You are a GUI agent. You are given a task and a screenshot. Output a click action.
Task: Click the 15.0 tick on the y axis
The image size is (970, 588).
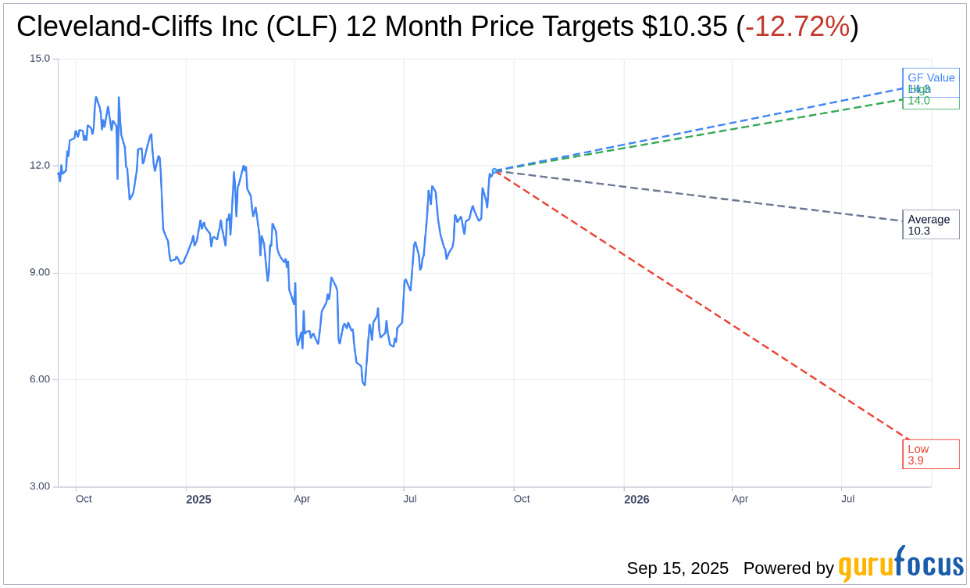[x=40, y=59]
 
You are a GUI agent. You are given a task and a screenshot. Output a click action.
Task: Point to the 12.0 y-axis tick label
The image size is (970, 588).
[x=40, y=166]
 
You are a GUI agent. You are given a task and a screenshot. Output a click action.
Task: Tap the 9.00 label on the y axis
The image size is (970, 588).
[x=39, y=273]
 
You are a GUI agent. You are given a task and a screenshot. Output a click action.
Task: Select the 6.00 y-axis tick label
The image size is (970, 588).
[x=39, y=379]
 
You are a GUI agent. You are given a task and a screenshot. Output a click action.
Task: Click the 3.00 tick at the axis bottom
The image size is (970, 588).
[x=39, y=486]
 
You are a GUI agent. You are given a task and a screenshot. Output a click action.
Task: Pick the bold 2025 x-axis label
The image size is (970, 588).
[x=198, y=500]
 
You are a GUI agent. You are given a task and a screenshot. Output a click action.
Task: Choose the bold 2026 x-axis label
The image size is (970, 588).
[x=637, y=500]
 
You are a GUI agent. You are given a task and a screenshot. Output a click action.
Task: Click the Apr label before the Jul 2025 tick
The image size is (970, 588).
[x=302, y=499]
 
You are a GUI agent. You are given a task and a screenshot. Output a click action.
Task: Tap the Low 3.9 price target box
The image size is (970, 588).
[x=930, y=454]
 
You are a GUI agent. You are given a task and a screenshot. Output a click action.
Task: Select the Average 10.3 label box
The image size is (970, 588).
[x=930, y=224]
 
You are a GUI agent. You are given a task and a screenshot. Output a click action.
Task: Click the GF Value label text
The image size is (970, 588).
[x=931, y=77]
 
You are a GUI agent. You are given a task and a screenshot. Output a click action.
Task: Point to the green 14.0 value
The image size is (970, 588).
[x=918, y=101]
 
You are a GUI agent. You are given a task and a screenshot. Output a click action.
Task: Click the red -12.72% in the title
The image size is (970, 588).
[x=797, y=27]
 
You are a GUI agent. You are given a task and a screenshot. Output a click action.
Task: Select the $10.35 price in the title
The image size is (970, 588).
[x=685, y=27]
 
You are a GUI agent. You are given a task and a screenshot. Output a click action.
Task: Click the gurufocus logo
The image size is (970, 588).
[x=900, y=565]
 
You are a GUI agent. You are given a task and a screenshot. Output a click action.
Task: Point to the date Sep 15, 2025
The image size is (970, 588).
[x=677, y=568]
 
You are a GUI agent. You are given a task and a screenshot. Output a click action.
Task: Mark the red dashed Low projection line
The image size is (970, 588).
[x=703, y=306]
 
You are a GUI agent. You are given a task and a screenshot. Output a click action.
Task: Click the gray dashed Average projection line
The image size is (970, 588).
[x=703, y=195]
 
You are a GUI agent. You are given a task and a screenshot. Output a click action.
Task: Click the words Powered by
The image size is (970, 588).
[x=788, y=568]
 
